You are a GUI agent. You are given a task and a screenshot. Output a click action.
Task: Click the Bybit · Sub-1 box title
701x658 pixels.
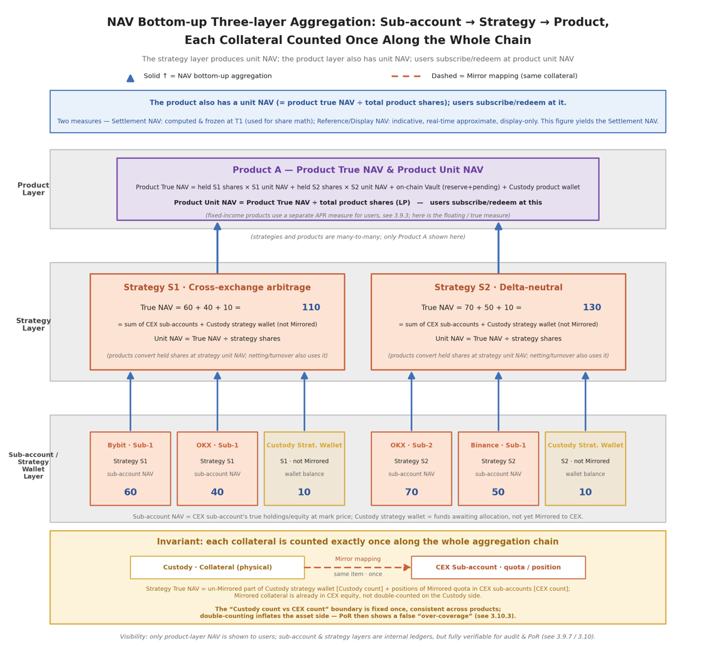tap(130, 445)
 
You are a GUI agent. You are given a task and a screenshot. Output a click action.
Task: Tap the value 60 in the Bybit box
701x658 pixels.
tap(130, 492)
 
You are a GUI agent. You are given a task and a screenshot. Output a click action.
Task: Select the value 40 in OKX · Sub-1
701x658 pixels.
tap(217, 492)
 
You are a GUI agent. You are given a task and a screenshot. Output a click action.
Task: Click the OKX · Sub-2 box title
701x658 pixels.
tap(411, 445)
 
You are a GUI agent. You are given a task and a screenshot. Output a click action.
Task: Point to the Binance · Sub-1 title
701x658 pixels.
tap(498, 445)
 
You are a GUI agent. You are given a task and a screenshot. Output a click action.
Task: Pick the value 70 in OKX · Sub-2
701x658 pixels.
tap(411, 492)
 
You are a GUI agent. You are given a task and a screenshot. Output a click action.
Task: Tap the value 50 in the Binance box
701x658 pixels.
tap(498, 492)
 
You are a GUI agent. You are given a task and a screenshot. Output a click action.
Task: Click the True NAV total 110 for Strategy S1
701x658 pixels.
tap(311, 308)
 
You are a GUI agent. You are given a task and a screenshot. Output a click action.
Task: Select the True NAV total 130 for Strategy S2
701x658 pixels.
tap(592, 308)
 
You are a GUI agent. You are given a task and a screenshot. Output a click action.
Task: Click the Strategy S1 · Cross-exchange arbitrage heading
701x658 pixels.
tap(217, 288)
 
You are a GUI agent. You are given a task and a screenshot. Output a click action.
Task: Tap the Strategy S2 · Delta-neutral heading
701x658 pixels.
tap(499, 288)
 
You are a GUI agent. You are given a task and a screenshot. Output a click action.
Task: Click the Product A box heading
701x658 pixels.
tap(357, 170)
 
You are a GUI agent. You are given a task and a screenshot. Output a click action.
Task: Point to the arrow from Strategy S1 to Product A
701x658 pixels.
tap(217, 248)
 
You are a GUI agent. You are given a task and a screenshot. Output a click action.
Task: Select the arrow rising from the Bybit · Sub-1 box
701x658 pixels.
tap(130, 401)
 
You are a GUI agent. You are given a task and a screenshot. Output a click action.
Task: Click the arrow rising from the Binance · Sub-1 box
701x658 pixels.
tap(499, 401)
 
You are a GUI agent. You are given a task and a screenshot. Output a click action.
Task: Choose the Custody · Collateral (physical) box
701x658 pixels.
tap(217, 567)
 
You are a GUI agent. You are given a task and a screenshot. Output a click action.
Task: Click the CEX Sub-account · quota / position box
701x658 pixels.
tap(498, 567)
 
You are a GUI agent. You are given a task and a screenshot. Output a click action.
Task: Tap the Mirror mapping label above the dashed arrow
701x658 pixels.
tap(357, 559)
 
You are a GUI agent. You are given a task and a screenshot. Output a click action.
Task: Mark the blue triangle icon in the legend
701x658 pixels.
tap(130, 78)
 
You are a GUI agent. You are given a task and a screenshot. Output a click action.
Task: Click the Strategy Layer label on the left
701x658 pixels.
tap(33, 324)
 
